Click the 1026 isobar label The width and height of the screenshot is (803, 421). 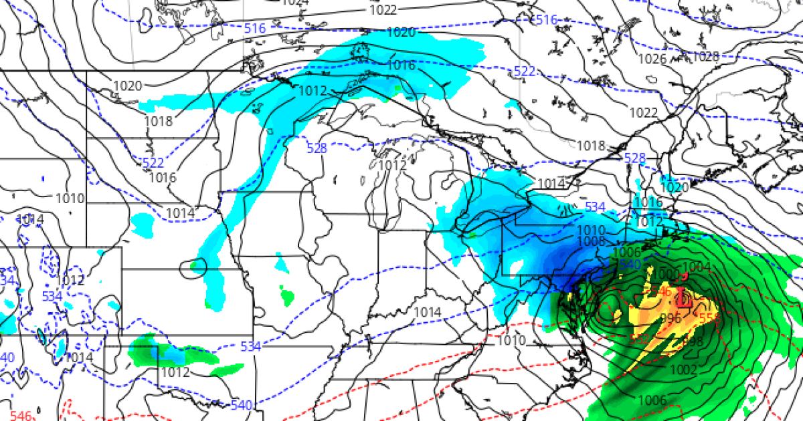(x=652, y=59)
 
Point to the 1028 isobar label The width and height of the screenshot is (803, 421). (x=705, y=56)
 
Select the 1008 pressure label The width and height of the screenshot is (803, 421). (x=591, y=241)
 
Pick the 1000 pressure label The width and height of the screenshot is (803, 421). (x=666, y=274)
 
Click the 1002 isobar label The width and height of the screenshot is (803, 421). (x=683, y=370)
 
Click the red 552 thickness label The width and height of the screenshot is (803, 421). (x=640, y=339)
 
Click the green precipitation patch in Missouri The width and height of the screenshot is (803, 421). (x=287, y=294)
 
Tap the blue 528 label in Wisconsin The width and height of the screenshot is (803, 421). (x=317, y=148)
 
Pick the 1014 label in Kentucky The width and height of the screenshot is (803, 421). (x=427, y=312)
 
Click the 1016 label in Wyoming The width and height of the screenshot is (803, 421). (x=163, y=178)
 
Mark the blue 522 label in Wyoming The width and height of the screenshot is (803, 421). (x=153, y=162)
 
